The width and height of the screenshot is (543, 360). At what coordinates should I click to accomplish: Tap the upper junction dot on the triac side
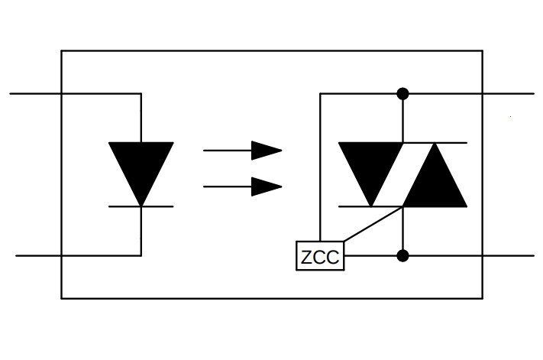click(402, 93)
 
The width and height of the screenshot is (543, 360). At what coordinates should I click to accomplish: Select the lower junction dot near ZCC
click(402, 255)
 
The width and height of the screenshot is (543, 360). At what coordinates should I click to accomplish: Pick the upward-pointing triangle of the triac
click(435, 178)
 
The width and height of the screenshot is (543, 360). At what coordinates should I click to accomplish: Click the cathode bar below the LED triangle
click(141, 206)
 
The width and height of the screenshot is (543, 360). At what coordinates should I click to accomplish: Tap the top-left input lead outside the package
click(34, 93)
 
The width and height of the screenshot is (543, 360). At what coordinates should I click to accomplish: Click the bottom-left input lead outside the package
click(38, 255)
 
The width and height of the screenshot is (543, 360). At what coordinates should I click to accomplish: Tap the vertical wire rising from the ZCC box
click(320, 168)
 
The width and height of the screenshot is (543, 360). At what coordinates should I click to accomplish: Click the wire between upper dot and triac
click(402, 118)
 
